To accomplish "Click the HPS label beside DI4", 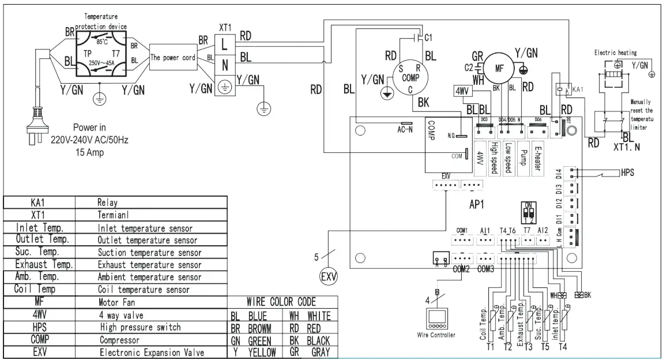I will pos(628,172).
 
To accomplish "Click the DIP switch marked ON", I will pos(526,213).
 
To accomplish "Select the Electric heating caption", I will pos(615,52).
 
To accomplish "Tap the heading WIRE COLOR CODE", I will pos(282,302).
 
